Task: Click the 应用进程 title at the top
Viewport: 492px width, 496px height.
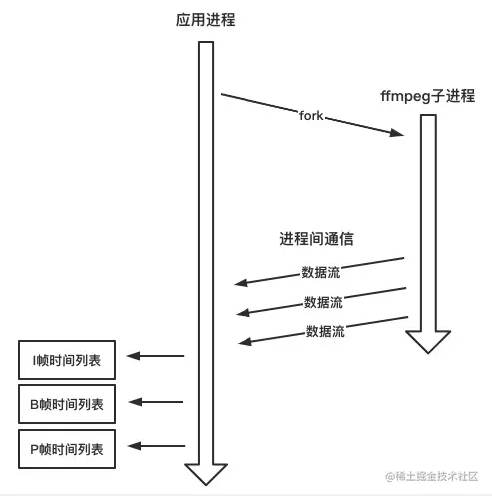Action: (205, 20)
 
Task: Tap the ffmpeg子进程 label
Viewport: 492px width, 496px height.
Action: (427, 96)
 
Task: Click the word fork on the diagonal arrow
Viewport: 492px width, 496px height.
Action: (311, 116)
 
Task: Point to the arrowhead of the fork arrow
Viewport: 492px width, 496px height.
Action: (397, 133)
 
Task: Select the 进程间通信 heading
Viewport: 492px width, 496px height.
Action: (316, 239)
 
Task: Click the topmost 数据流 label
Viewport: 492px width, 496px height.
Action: (321, 272)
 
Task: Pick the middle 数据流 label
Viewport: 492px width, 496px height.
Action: (323, 302)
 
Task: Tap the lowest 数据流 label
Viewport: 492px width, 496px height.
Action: (325, 331)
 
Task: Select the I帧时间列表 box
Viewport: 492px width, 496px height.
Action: (67, 360)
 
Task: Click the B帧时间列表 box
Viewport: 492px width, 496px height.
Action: (67, 404)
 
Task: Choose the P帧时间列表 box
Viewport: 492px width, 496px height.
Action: (67, 449)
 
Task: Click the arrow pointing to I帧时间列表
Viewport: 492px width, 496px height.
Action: (155, 356)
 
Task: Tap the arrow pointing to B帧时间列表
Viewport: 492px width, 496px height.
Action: (156, 402)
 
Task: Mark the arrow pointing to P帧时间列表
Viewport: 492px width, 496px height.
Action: (156, 446)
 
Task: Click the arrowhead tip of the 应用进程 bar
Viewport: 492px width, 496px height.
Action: (206, 485)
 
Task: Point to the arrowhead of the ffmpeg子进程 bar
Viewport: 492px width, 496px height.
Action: (428, 342)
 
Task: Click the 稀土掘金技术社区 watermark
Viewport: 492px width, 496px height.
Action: (432, 476)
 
